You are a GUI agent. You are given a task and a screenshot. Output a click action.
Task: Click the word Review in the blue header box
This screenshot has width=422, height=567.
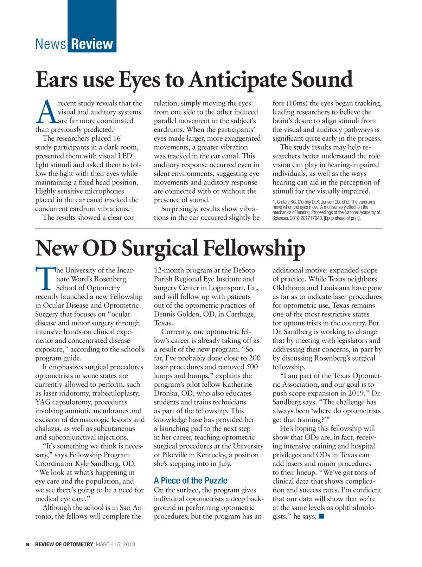[92, 44]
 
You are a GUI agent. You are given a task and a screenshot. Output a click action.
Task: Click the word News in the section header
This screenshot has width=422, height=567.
[51, 44]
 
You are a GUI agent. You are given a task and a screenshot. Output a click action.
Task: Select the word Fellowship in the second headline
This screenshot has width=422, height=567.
[254, 248]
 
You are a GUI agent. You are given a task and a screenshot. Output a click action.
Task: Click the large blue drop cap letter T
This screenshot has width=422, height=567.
[45, 279]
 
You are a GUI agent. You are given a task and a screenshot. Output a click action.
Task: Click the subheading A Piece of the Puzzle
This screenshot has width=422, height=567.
[190, 481]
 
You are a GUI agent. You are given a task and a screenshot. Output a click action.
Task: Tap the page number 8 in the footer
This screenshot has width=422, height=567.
[28, 545]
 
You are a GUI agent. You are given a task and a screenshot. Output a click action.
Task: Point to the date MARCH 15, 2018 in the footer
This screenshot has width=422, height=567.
[115, 545]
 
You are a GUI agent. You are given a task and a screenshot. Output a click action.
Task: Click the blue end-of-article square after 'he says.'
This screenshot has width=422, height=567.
[321, 516]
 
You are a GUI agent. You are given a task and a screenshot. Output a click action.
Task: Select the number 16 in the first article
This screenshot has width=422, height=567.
[116, 138]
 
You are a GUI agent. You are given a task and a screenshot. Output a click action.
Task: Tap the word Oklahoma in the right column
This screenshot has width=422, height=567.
[289, 288]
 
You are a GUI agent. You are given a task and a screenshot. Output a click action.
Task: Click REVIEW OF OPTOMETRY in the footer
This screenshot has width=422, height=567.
[64, 545]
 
